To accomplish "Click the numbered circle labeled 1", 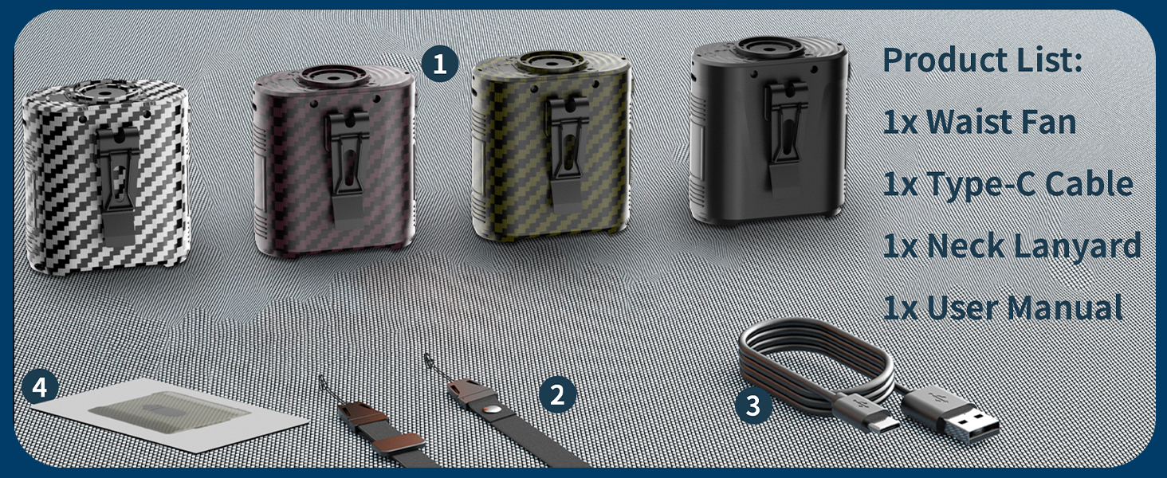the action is pyautogui.click(x=440, y=64).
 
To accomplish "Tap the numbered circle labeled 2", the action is pyautogui.click(x=557, y=395).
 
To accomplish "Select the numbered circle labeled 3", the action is pyautogui.click(x=753, y=405).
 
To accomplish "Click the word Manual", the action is pyautogui.click(x=1065, y=308).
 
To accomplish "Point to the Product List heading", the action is pyautogui.click(x=983, y=60).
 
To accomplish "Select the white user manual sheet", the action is pyautogui.click(x=169, y=415).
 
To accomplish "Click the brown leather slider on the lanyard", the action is pyautogui.click(x=399, y=442).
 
